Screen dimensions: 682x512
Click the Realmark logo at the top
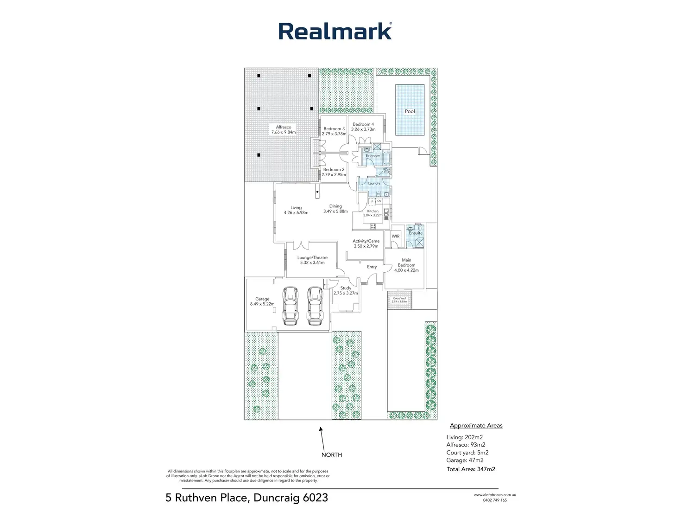point(335,31)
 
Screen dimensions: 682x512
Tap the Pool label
point(410,111)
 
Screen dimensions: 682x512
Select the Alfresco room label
point(284,127)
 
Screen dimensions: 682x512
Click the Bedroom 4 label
point(363,124)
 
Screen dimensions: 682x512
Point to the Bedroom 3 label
point(334,129)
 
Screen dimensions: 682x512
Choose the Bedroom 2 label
point(334,170)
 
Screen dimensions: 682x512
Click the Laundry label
point(374,183)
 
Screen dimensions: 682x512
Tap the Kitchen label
point(373,211)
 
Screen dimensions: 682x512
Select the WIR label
point(396,236)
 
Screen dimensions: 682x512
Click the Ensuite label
point(416,233)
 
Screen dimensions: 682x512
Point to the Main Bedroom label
point(406,262)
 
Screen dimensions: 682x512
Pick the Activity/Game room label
point(366,241)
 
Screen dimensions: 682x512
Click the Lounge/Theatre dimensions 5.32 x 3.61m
point(312,262)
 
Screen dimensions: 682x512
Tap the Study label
point(346,288)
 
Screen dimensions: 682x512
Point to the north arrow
point(321,436)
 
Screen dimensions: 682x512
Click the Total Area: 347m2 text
point(471,469)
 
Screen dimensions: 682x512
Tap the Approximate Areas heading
point(476,425)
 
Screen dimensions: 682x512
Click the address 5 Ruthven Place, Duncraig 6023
point(246,498)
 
